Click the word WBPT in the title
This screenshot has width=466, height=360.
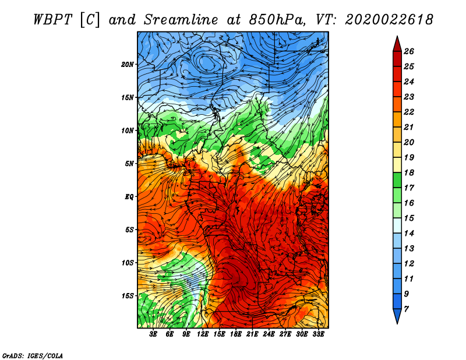(53, 20)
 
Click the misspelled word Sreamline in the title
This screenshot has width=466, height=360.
(181, 20)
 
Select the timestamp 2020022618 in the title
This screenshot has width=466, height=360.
(389, 20)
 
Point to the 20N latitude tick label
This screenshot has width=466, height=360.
(127, 64)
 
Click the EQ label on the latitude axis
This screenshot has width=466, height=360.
(129, 197)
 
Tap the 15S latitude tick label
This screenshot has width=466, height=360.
(128, 296)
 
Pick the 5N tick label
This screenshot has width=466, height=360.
(129, 164)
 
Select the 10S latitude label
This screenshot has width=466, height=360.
(128, 263)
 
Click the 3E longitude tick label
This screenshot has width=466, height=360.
(153, 334)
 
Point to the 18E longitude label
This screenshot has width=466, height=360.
(236, 334)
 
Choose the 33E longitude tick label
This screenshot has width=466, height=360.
(318, 334)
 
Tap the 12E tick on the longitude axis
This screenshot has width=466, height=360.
(202, 334)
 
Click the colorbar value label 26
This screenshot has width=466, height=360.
(409, 51)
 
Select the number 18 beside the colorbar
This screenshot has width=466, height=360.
(409, 172)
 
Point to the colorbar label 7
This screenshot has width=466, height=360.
(406, 309)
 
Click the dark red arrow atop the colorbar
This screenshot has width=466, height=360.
(397, 44)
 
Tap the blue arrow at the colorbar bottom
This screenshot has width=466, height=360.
(397, 316)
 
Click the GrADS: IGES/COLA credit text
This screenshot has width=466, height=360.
(33, 355)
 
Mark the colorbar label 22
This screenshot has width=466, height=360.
(409, 112)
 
